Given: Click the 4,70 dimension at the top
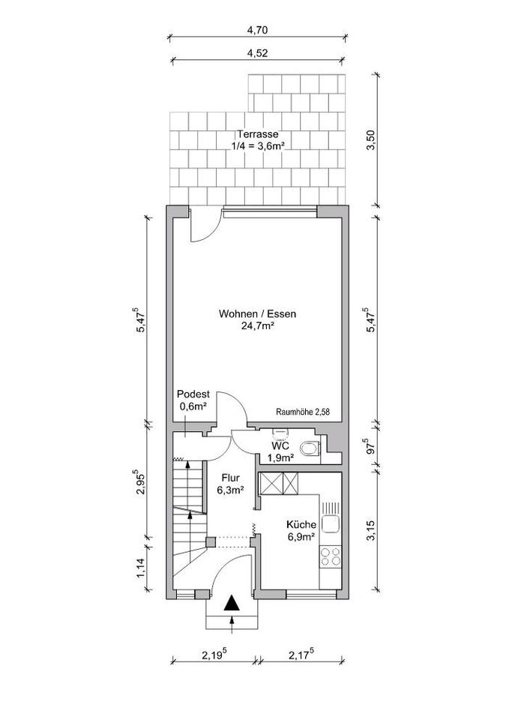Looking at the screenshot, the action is point(257,30).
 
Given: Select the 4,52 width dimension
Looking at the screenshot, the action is point(257,52).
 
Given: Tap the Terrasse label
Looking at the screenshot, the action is point(257,134).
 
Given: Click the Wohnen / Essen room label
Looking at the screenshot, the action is point(257,314).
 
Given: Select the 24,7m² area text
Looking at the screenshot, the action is point(257,326).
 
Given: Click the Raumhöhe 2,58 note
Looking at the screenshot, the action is point(303,412).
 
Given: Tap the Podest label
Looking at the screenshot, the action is point(193,394).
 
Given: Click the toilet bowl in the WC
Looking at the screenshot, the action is point(310,448).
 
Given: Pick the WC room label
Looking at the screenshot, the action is point(280,446).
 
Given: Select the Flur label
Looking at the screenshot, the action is point(230,478).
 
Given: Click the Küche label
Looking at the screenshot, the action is point(301,524).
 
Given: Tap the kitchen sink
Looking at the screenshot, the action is point(331,523).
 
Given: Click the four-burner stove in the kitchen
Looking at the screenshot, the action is point(331,556).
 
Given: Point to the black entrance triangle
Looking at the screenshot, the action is point(232,602).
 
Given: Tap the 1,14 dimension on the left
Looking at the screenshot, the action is point(140,568).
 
